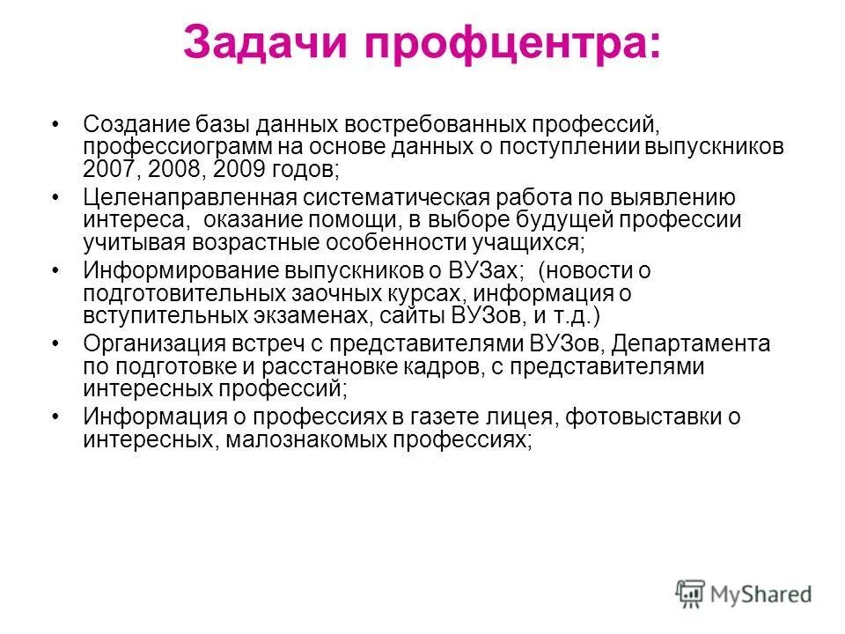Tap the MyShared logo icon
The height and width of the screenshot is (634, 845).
692,594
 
